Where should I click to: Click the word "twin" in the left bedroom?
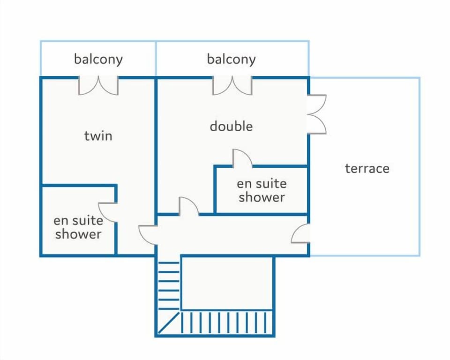(x=98, y=136)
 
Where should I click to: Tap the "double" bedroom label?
(x=231, y=126)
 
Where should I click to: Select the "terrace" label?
(x=367, y=169)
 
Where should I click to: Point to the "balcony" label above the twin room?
(x=98, y=59)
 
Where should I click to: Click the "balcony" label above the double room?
(x=231, y=59)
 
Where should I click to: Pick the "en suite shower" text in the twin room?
(x=78, y=227)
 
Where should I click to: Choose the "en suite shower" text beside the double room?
(x=262, y=190)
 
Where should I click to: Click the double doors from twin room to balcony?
(x=98, y=86)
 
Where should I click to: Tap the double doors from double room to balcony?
(x=232, y=86)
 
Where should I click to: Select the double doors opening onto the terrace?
(x=317, y=114)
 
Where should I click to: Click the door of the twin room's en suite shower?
(x=108, y=212)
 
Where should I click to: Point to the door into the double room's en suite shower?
(x=242, y=158)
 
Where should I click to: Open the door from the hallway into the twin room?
(x=148, y=235)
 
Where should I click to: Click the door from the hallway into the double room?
(x=188, y=206)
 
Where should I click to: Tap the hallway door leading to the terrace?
(x=301, y=233)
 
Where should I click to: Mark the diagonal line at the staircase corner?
(x=169, y=323)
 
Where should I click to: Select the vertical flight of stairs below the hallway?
(x=169, y=285)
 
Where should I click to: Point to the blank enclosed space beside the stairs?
(x=227, y=283)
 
